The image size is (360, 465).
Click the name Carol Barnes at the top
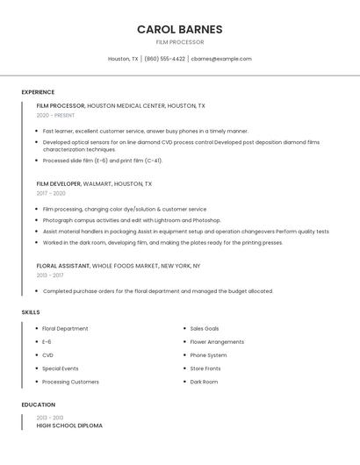[x=179, y=29]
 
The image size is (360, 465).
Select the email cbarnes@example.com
[x=221, y=59]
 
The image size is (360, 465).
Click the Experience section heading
[x=38, y=92]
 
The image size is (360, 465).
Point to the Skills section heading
[x=31, y=312]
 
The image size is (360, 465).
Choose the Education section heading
[x=38, y=405]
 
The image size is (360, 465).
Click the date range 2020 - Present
[x=55, y=115]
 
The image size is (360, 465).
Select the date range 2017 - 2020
[x=51, y=193]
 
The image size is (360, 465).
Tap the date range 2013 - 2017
[x=50, y=275]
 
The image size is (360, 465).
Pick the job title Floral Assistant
[x=63, y=266]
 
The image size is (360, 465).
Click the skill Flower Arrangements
[x=217, y=342]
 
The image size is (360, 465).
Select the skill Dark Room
[x=204, y=382]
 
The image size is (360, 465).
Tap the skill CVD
[x=47, y=355]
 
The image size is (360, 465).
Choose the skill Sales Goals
[x=205, y=329]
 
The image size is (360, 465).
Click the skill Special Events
[x=60, y=368]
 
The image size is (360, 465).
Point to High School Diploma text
[x=69, y=426]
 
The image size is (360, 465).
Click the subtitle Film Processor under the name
[x=179, y=42]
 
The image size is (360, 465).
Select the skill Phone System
[x=208, y=355]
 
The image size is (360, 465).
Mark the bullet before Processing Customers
[x=35, y=382]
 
